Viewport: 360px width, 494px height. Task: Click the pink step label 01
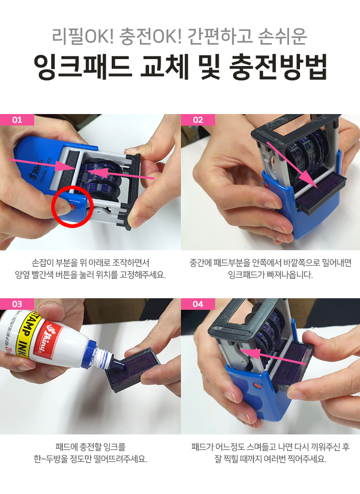tap(17, 120)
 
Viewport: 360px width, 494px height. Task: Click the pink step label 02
tap(198, 120)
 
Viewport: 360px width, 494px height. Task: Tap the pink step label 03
tap(17, 304)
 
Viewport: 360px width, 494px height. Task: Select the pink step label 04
tap(198, 304)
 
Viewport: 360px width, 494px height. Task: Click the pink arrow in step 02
tap(290, 165)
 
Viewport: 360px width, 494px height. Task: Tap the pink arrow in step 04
tap(272, 356)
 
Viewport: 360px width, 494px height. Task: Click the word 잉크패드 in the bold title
tap(82, 67)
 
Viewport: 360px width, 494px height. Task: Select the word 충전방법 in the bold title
tap(278, 67)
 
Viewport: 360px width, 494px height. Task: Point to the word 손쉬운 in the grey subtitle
tap(282, 36)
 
